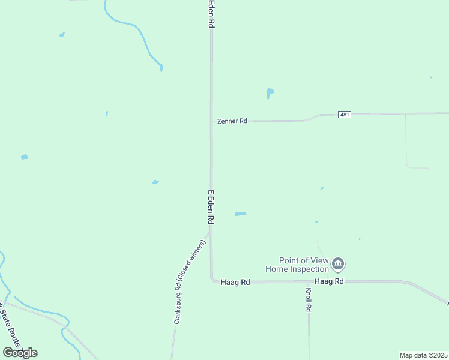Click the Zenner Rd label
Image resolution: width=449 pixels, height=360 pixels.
coord(231,121)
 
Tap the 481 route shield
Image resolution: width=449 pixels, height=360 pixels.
coord(344,115)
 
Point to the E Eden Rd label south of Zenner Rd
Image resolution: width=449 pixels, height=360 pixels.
coord(211,207)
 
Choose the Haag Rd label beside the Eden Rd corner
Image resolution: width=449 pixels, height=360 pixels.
coord(235,281)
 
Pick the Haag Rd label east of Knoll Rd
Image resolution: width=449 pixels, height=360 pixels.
coord(329,281)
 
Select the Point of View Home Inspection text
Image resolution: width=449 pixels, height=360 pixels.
coord(304,265)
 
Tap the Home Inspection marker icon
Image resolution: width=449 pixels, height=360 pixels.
coord(338,263)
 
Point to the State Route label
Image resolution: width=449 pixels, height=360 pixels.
coord(11,327)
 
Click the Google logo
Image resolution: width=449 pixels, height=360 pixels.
coord(20,352)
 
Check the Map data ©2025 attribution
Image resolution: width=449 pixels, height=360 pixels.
coord(423,355)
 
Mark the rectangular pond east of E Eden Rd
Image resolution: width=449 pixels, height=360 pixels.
coord(240,214)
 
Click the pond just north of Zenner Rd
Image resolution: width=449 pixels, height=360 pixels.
coord(270,93)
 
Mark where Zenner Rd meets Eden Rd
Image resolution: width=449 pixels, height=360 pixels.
coord(211,121)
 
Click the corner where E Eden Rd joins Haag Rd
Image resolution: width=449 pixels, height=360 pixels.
coord(212,280)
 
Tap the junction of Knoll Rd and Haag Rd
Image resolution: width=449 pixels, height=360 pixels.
coord(309,281)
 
